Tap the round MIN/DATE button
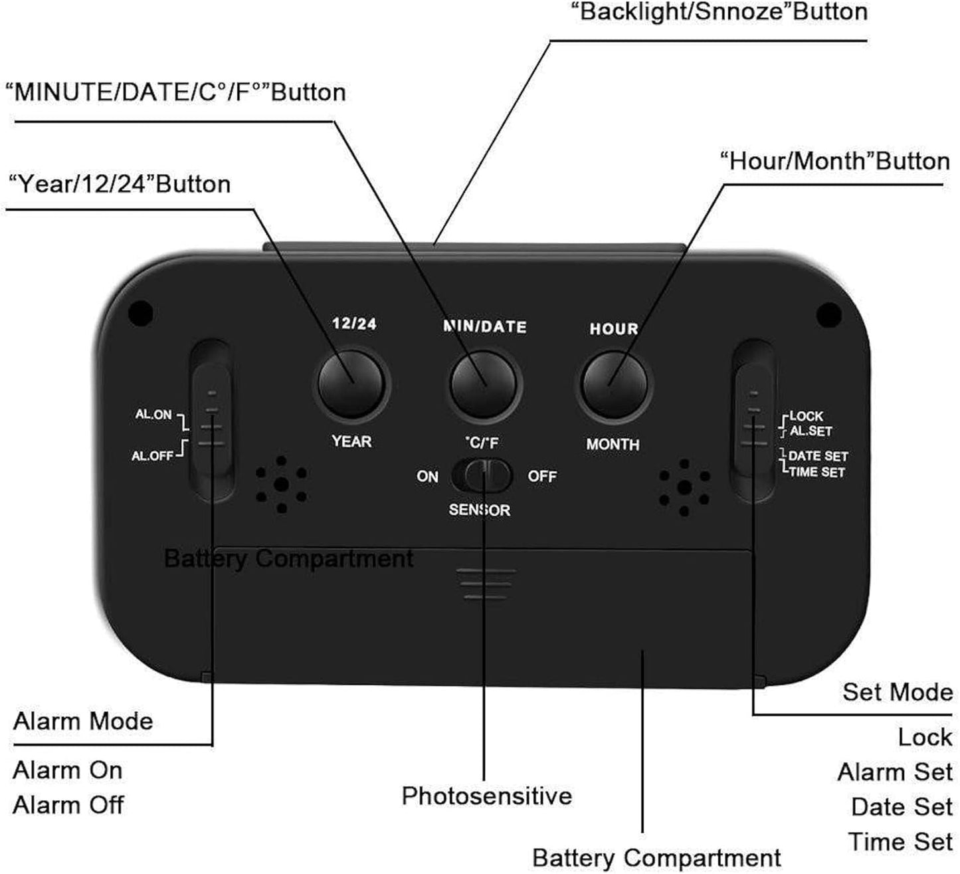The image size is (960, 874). pos(483,385)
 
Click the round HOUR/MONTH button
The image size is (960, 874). pos(614,385)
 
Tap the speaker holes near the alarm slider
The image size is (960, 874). pos(282,485)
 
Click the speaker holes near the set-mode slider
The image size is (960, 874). pos(684,488)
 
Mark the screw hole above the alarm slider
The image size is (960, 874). pos(141,313)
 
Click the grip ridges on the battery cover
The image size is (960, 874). pos(486,584)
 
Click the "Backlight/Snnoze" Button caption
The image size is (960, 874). pos(720,13)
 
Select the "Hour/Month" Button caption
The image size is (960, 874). pos(835,162)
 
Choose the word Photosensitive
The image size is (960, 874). pos(486,796)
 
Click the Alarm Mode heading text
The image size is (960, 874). pos(83,722)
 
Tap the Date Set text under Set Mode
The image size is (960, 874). pos(902,807)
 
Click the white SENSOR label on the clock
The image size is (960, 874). pos(480,510)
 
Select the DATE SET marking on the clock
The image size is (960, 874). pos(818,456)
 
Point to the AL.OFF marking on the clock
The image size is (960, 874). pos(152,456)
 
